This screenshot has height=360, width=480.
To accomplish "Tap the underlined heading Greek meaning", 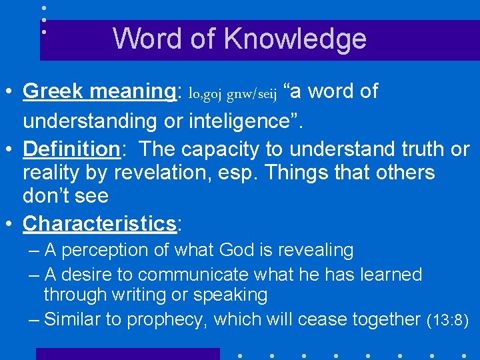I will pyautogui.click(x=98, y=91).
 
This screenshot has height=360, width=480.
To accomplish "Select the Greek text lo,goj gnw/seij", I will pyautogui.click(x=233, y=94).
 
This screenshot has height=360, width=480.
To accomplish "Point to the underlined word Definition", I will pyautogui.click(x=71, y=149).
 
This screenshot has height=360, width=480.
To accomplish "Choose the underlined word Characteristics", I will pyautogui.click(x=99, y=223).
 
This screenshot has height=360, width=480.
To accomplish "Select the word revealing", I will pyautogui.click(x=313, y=251).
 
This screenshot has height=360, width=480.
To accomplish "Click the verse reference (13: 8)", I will pyautogui.click(x=448, y=321).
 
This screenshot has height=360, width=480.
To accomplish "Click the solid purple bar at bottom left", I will pyautogui.click(x=127, y=354).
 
